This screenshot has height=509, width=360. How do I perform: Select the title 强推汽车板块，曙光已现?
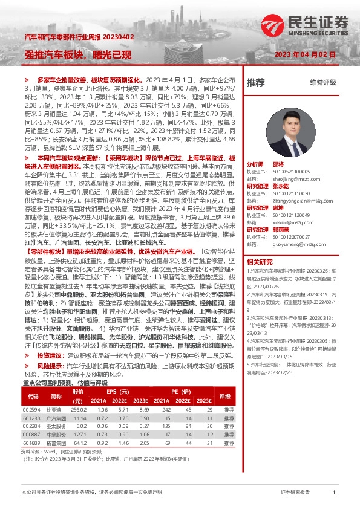[78, 54]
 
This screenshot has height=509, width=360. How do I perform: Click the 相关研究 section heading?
[260, 245]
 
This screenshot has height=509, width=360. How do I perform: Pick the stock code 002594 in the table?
[31, 409]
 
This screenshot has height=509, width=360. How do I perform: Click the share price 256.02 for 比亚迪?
[79, 409]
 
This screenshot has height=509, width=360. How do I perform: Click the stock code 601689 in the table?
[31, 443]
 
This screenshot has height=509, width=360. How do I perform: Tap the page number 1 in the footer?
[334, 493]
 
